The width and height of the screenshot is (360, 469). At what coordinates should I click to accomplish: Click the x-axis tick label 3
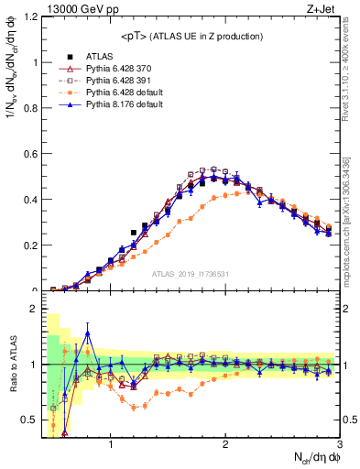coord(338,444)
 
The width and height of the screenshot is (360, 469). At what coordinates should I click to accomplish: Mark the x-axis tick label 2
coord(225,444)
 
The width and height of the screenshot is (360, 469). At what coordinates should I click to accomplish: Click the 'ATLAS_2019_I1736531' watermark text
coord(190,274)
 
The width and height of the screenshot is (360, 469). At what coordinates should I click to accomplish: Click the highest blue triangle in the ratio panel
coord(88,333)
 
